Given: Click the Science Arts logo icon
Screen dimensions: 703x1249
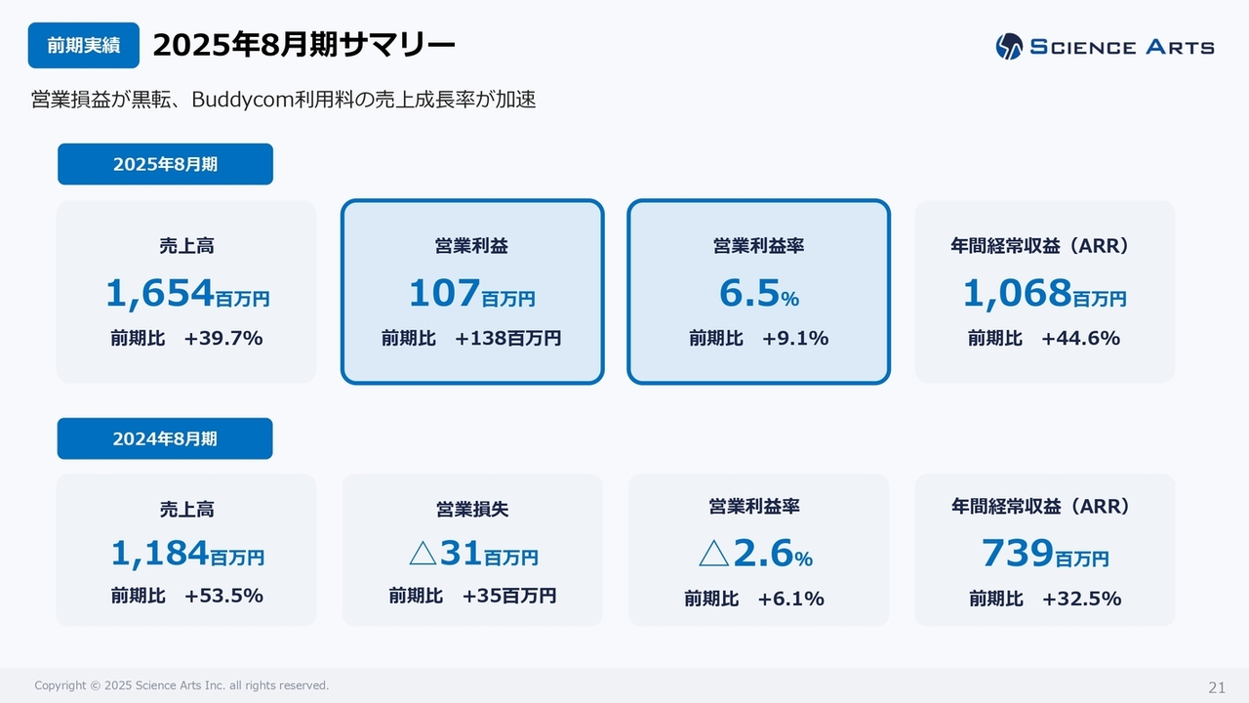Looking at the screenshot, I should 1009,46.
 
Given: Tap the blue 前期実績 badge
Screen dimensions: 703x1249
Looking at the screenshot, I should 84,46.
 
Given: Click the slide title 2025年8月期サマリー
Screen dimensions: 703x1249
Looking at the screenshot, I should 303,45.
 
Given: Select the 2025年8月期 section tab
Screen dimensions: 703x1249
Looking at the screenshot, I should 165,164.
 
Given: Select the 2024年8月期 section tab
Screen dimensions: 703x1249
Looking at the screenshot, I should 165,438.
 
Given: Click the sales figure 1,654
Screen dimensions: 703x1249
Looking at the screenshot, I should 160,292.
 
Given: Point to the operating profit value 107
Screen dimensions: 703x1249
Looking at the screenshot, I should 444,292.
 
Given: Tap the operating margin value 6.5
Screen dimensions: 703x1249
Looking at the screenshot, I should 747,292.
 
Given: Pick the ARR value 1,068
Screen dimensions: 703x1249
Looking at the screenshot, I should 1017,292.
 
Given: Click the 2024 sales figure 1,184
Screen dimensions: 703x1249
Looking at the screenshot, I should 160,554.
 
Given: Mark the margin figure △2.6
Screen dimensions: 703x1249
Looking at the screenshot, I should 745,554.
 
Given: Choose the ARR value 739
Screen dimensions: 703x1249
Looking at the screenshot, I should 1018,554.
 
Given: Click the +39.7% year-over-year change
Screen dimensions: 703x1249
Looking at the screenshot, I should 223,339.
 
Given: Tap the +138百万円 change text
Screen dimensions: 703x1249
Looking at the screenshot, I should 507,339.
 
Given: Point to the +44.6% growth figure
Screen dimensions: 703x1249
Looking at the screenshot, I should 1080,339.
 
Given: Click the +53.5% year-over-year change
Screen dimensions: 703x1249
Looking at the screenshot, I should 223,596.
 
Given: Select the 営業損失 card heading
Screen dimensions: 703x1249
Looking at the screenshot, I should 472,510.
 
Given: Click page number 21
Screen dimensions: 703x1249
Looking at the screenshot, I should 1216,686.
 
